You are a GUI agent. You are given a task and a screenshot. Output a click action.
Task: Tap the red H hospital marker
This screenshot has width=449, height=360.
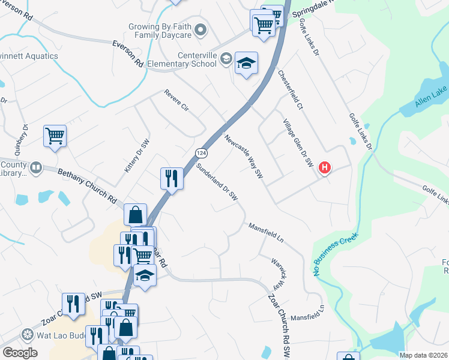pos(324,168)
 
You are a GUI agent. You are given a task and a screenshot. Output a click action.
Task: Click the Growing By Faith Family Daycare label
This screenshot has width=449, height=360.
pos(160,31)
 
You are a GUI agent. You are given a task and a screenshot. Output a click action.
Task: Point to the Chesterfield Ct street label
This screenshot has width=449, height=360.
pos(291,89)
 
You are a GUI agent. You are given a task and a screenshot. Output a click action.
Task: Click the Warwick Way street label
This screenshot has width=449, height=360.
pos(276,273)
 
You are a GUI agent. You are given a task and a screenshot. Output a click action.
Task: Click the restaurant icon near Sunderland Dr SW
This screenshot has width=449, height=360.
pos(172,178)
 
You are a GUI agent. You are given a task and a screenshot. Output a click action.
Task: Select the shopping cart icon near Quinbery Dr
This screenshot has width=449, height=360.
pos(55,136)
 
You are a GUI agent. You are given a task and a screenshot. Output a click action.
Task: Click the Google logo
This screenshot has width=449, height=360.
pos(20,353)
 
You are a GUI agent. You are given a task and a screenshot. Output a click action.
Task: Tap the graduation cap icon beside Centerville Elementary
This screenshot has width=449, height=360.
pos(246,63)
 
